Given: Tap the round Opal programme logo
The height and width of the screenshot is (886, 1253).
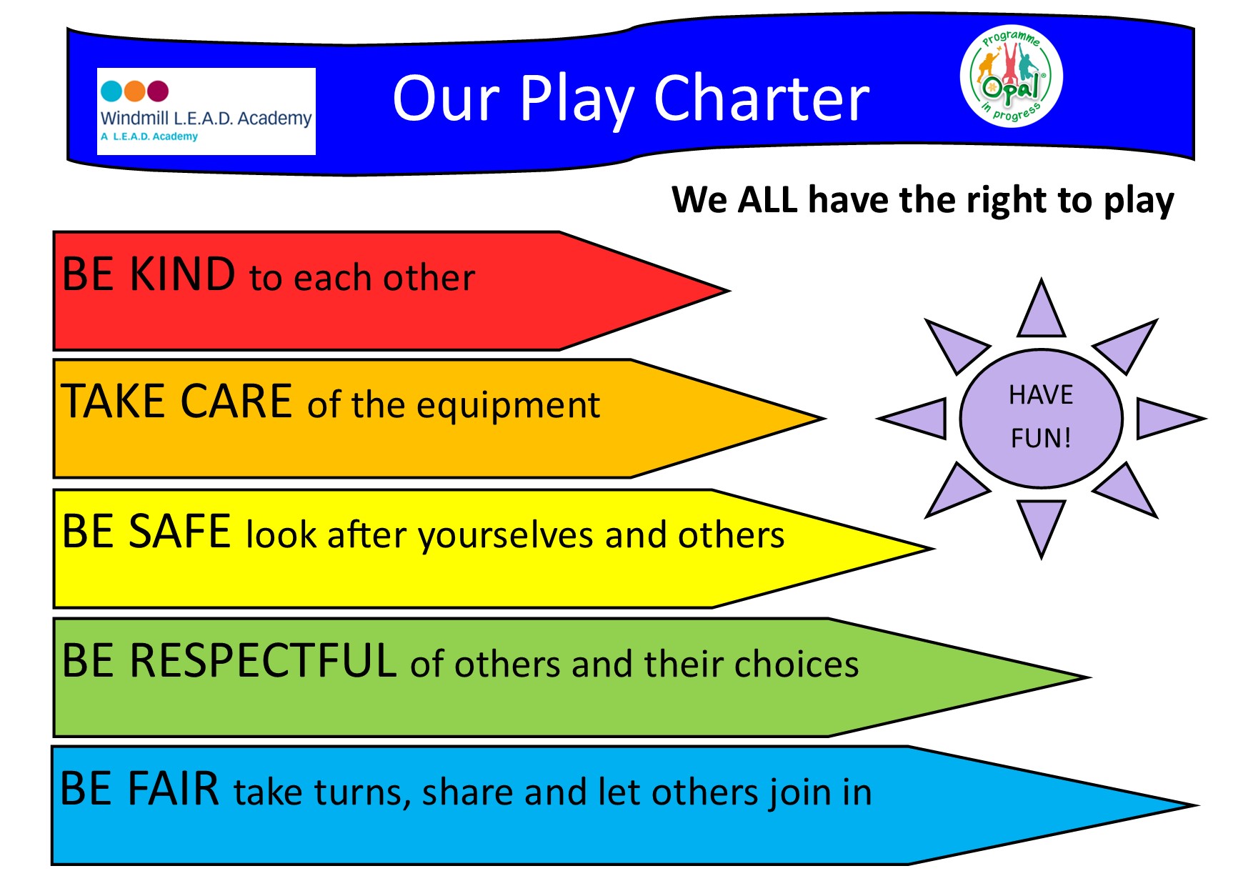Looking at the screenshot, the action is (1012, 76).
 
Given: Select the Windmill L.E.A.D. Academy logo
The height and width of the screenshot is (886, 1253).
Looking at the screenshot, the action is (206, 111).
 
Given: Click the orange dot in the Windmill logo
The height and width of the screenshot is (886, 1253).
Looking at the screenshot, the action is (134, 91).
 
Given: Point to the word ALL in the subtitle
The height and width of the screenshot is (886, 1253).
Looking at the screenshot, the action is (767, 199).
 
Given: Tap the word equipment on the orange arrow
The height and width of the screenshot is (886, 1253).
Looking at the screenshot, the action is (508, 407).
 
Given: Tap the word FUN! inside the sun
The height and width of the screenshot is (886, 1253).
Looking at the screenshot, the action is (1041, 437).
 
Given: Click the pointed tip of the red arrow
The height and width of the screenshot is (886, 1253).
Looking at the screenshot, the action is (729, 291).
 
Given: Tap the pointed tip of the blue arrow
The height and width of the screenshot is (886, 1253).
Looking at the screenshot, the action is (1198, 805).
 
